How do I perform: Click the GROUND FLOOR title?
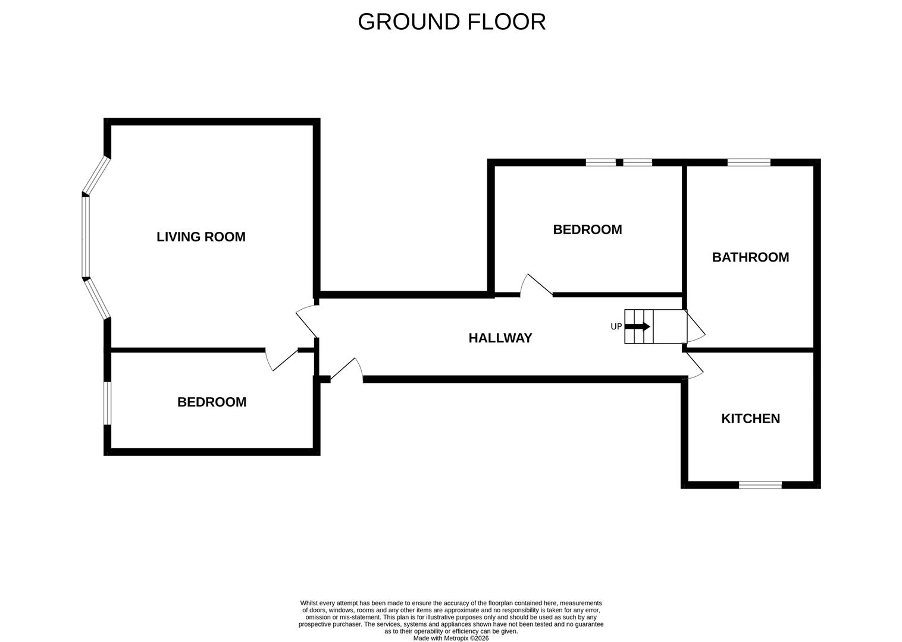click(452, 22)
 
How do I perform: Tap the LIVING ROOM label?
click(201, 237)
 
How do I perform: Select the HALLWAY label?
click(500, 338)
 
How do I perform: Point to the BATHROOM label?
click(750, 257)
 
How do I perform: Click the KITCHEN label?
click(750, 418)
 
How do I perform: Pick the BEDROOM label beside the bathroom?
click(587, 229)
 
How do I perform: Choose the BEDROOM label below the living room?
click(212, 402)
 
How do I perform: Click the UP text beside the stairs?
click(616, 326)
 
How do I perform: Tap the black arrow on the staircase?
click(638, 326)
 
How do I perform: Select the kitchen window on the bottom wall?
click(760, 485)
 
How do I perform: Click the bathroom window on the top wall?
click(748, 162)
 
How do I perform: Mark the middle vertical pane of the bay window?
click(86, 237)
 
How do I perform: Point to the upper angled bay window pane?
click(96, 176)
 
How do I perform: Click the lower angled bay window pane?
click(97, 298)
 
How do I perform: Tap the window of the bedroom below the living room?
click(108, 403)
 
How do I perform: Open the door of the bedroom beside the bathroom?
click(537, 285)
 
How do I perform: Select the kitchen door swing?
click(694, 364)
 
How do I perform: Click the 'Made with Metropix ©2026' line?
click(451, 638)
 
